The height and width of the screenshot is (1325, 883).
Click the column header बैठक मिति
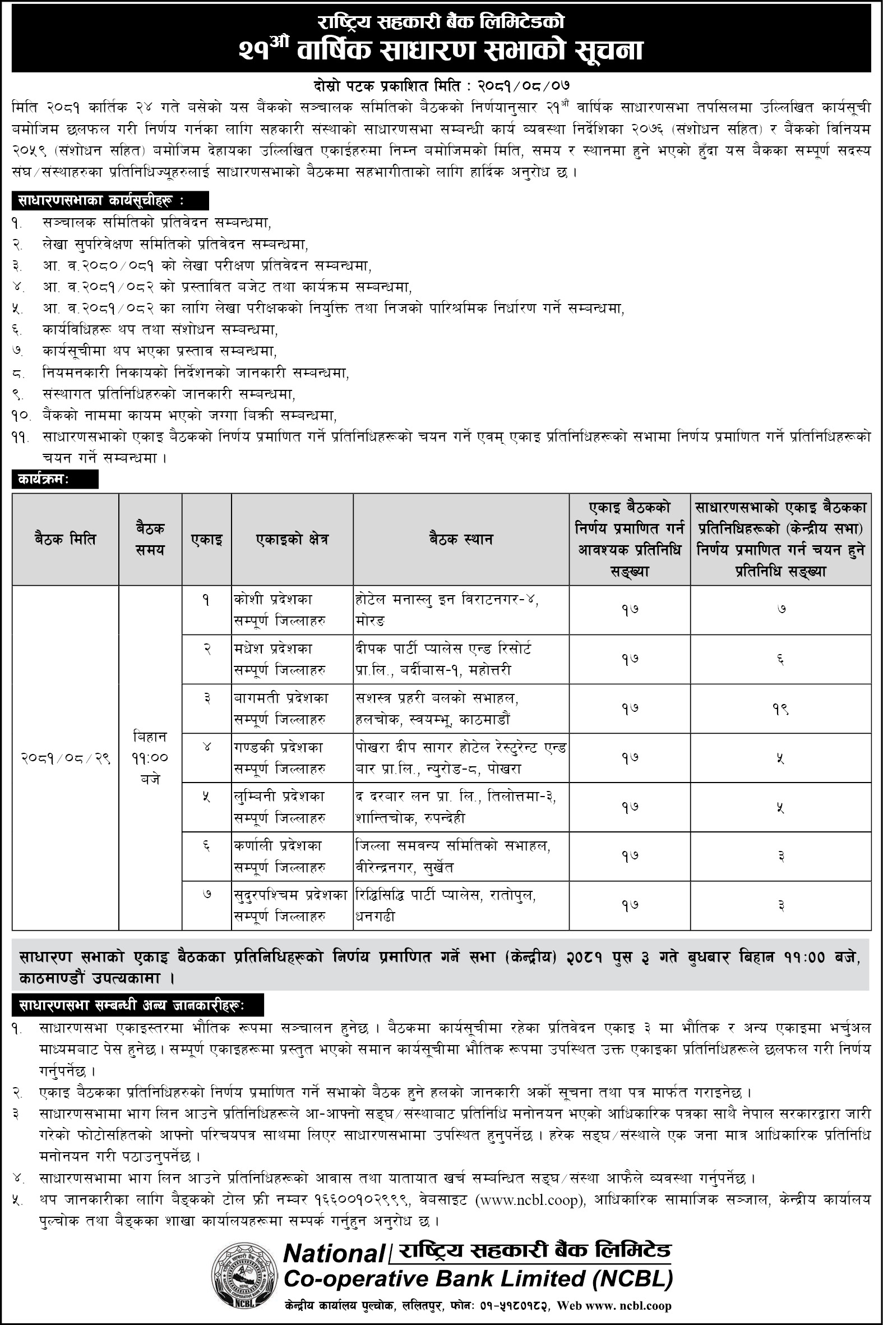tap(65, 539)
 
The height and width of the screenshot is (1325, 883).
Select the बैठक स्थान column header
tap(461, 539)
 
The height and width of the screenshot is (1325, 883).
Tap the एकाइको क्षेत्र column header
tap(292, 539)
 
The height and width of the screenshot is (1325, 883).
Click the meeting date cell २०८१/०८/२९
tap(66, 758)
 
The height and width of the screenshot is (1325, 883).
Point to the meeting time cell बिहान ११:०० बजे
tap(150, 758)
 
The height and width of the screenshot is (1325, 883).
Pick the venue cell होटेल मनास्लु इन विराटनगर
tap(447, 610)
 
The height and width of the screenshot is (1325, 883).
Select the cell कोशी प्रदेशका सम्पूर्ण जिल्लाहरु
tap(280, 610)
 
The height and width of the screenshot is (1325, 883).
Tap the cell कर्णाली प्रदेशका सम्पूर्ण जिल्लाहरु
tap(280, 856)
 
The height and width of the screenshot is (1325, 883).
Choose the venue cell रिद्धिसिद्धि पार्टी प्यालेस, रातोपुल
tap(445, 905)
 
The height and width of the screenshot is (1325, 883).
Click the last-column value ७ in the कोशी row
tap(780, 610)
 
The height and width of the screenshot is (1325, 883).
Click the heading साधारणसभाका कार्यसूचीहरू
tap(101, 201)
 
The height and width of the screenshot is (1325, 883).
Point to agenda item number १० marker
tap(20, 416)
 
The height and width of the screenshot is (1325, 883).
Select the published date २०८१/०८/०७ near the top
tap(524, 86)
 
